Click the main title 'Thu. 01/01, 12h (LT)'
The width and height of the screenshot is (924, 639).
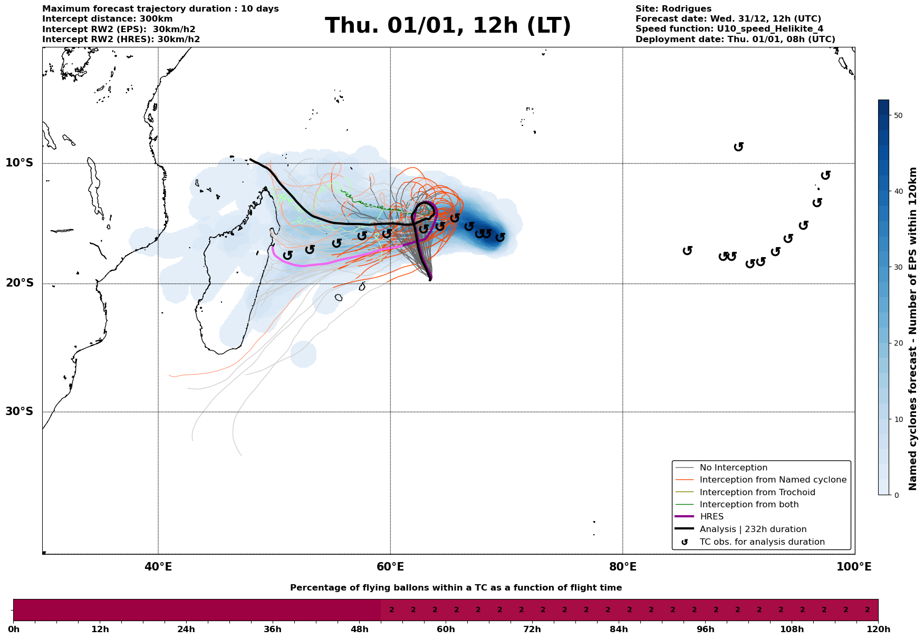click(x=448, y=26)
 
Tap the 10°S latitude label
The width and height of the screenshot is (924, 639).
click(x=20, y=163)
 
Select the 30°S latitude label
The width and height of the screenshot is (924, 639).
click(x=20, y=411)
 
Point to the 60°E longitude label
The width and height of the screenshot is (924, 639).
click(x=390, y=567)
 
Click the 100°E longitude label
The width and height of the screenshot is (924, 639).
click(x=854, y=567)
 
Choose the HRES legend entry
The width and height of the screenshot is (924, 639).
click(x=711, y=517)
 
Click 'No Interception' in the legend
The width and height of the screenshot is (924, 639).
click(x=733, y=468)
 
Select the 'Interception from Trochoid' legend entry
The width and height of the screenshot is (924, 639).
click(x=757, y=493)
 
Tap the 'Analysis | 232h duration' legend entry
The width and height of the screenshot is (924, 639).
click(x=753, y=529)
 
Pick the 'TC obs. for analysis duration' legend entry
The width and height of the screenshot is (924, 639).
click(x=762, y=542)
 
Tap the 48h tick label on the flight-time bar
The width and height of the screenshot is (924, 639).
click(x=359, y=630)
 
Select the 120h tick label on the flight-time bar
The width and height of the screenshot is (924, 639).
click(x=877, y=630)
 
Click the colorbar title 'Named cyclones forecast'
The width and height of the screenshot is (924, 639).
click(x=913, y=329)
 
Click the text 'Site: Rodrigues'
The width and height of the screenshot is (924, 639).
click(x=673, y=9)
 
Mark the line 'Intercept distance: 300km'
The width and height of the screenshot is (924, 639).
click(x=108, y=19)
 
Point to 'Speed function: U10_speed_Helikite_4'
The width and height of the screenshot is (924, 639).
click(x=729, y=29)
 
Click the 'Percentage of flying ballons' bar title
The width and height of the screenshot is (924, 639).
click(x=456, y=588)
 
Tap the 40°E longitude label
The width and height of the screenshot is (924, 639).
click(x=158, y=567)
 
